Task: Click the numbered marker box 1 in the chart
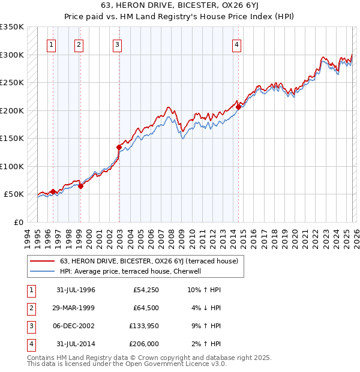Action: [52, 44]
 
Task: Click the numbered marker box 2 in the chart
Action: [79, 44]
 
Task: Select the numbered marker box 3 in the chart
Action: [117, 44]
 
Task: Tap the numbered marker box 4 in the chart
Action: [237, 44]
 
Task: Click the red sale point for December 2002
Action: [119, 147]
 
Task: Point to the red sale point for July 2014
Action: [238, 107]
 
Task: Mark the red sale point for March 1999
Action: [80, 186]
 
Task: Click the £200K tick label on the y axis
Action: [12, 110]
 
